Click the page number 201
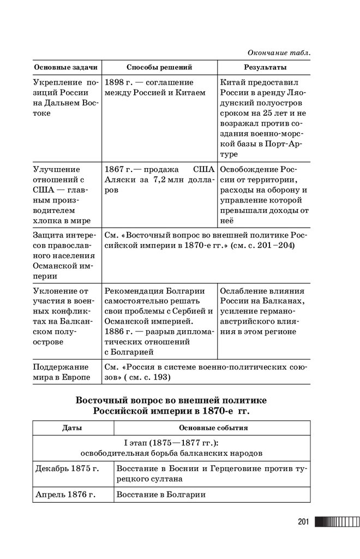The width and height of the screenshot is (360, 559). click(x=304, y=522)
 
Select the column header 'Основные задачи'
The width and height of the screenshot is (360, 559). click(x=66, y=68)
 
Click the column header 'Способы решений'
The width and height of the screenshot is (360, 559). click(x=159, y=68)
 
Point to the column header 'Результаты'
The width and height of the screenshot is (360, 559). click(x=265, y=68)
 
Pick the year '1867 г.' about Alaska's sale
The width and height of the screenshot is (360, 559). click(x=119, y=169)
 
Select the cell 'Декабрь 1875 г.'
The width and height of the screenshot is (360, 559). click(x=67, y=468)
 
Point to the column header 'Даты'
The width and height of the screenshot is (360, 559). click(x=72, y=427)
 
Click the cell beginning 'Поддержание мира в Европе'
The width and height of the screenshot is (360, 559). click(x=62, y=372)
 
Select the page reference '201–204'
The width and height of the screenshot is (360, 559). click(x=277, y=246)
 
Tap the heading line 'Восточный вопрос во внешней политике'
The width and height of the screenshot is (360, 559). click(x=172, y=401)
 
